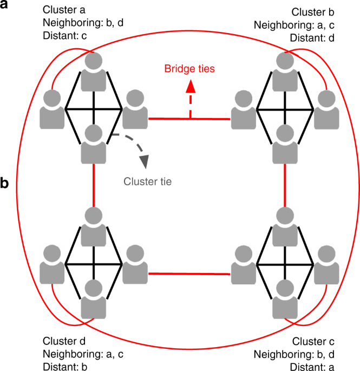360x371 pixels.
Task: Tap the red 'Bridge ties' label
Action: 189,69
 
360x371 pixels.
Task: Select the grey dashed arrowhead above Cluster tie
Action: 143,161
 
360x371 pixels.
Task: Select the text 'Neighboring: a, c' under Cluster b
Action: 295,24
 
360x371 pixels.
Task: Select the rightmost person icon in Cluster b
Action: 326,108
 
